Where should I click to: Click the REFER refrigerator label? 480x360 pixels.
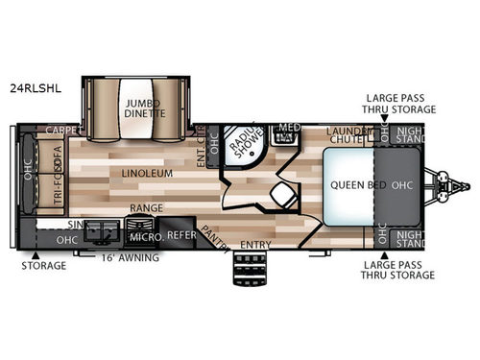pyautogui.click(x=180, y=233)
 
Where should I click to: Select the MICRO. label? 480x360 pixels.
pyautogui.click(x=144, y=235)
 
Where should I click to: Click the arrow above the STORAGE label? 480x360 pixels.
pyautogui.click(x=36, y=255)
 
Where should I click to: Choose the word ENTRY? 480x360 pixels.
pyautogui.click(x=255, y=245)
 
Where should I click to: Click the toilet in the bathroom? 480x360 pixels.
pyautogui.click(x=282, y=197)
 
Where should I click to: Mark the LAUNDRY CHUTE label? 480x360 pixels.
pyautogui.click(x=348, y=135)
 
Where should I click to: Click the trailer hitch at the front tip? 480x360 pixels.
pyautogui.click(x=459, y=185)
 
